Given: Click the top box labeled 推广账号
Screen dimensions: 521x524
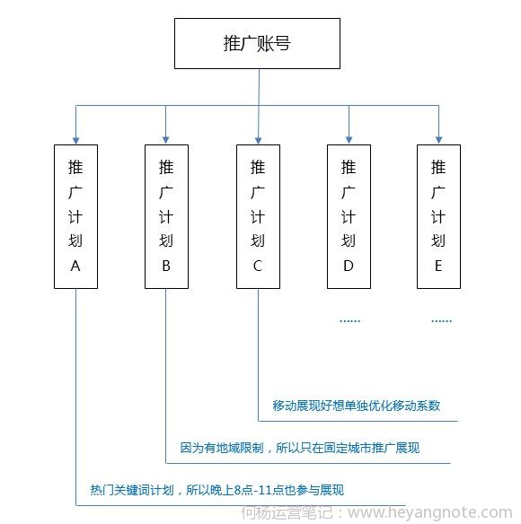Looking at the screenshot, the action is pos(257,43).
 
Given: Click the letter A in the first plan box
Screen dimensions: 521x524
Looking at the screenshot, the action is pos(75,266).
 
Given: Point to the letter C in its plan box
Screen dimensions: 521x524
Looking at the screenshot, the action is pos(258,266).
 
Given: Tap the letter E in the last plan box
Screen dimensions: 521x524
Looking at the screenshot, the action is pos(438,266).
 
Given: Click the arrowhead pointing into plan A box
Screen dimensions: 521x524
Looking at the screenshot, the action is pos(76,140).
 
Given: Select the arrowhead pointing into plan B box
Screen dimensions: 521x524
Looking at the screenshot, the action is pos(165,140).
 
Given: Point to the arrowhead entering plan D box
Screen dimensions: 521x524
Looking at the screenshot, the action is pos(349,140).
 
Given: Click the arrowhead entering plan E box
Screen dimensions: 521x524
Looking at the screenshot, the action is pos(438,140).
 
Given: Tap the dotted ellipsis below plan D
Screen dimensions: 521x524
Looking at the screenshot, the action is pos(350,321).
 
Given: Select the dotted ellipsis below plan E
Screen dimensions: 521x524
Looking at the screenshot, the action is pos(442,321).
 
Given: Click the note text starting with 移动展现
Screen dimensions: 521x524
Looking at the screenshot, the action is pos(356,406).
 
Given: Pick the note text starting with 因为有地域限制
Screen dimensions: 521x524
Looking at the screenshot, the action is pos(299,448).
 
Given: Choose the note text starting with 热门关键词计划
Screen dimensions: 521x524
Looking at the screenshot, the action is pos(216,490).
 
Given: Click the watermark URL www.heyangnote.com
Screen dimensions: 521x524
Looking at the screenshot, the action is pos(430,512).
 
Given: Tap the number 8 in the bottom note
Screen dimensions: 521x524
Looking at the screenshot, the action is pos(237,491).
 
